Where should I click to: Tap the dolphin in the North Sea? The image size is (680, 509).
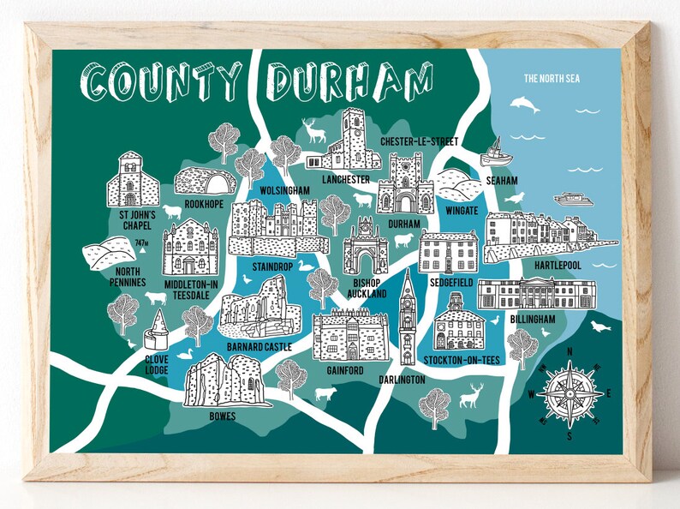525,105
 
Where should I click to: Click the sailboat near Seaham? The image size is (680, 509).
496,154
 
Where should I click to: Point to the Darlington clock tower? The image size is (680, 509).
408,318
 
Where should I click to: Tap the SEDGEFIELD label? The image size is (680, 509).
452,280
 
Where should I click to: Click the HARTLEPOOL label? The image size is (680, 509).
557,266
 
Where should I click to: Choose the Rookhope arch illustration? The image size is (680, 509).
205,181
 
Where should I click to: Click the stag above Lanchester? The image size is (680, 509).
315,130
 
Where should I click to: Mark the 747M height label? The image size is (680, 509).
142,243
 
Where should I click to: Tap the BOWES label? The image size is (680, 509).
222,416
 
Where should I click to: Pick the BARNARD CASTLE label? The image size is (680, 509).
259,347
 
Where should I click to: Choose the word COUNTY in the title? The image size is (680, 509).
163,81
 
